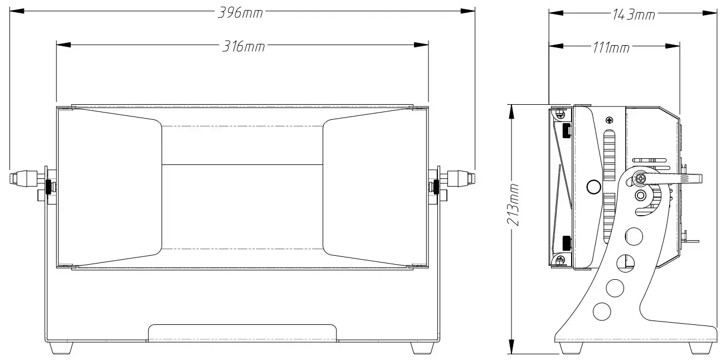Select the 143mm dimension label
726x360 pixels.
(x=633, y=15)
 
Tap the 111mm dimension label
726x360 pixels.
(x=611, y=48)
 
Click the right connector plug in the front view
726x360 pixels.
(x=461, y=178)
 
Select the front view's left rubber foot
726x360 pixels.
(x=61, y=347)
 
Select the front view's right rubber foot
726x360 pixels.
(x=422, y=347)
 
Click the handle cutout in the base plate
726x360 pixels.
(x=242, y=332)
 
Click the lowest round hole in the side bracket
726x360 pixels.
(x=602, y=310)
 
